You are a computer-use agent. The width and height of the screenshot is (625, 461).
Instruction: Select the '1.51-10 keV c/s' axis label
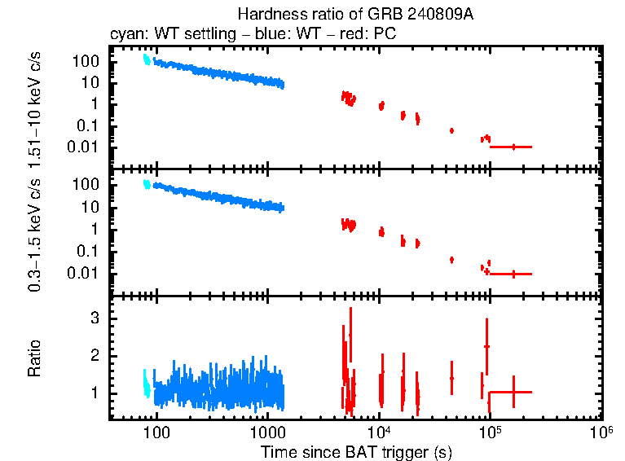click(35, 108)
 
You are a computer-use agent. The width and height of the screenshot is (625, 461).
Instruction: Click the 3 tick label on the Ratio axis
click(95, 318)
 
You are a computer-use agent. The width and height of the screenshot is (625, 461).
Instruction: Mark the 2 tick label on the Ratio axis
click(95, 356)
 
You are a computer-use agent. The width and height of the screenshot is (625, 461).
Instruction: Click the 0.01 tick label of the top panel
click(86, 147)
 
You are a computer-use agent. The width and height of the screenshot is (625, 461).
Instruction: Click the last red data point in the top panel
click(513, 147)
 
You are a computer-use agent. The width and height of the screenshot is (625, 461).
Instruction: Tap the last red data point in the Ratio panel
click(513, 392)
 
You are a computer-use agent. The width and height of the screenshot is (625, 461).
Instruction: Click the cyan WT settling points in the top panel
click(147, 59)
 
